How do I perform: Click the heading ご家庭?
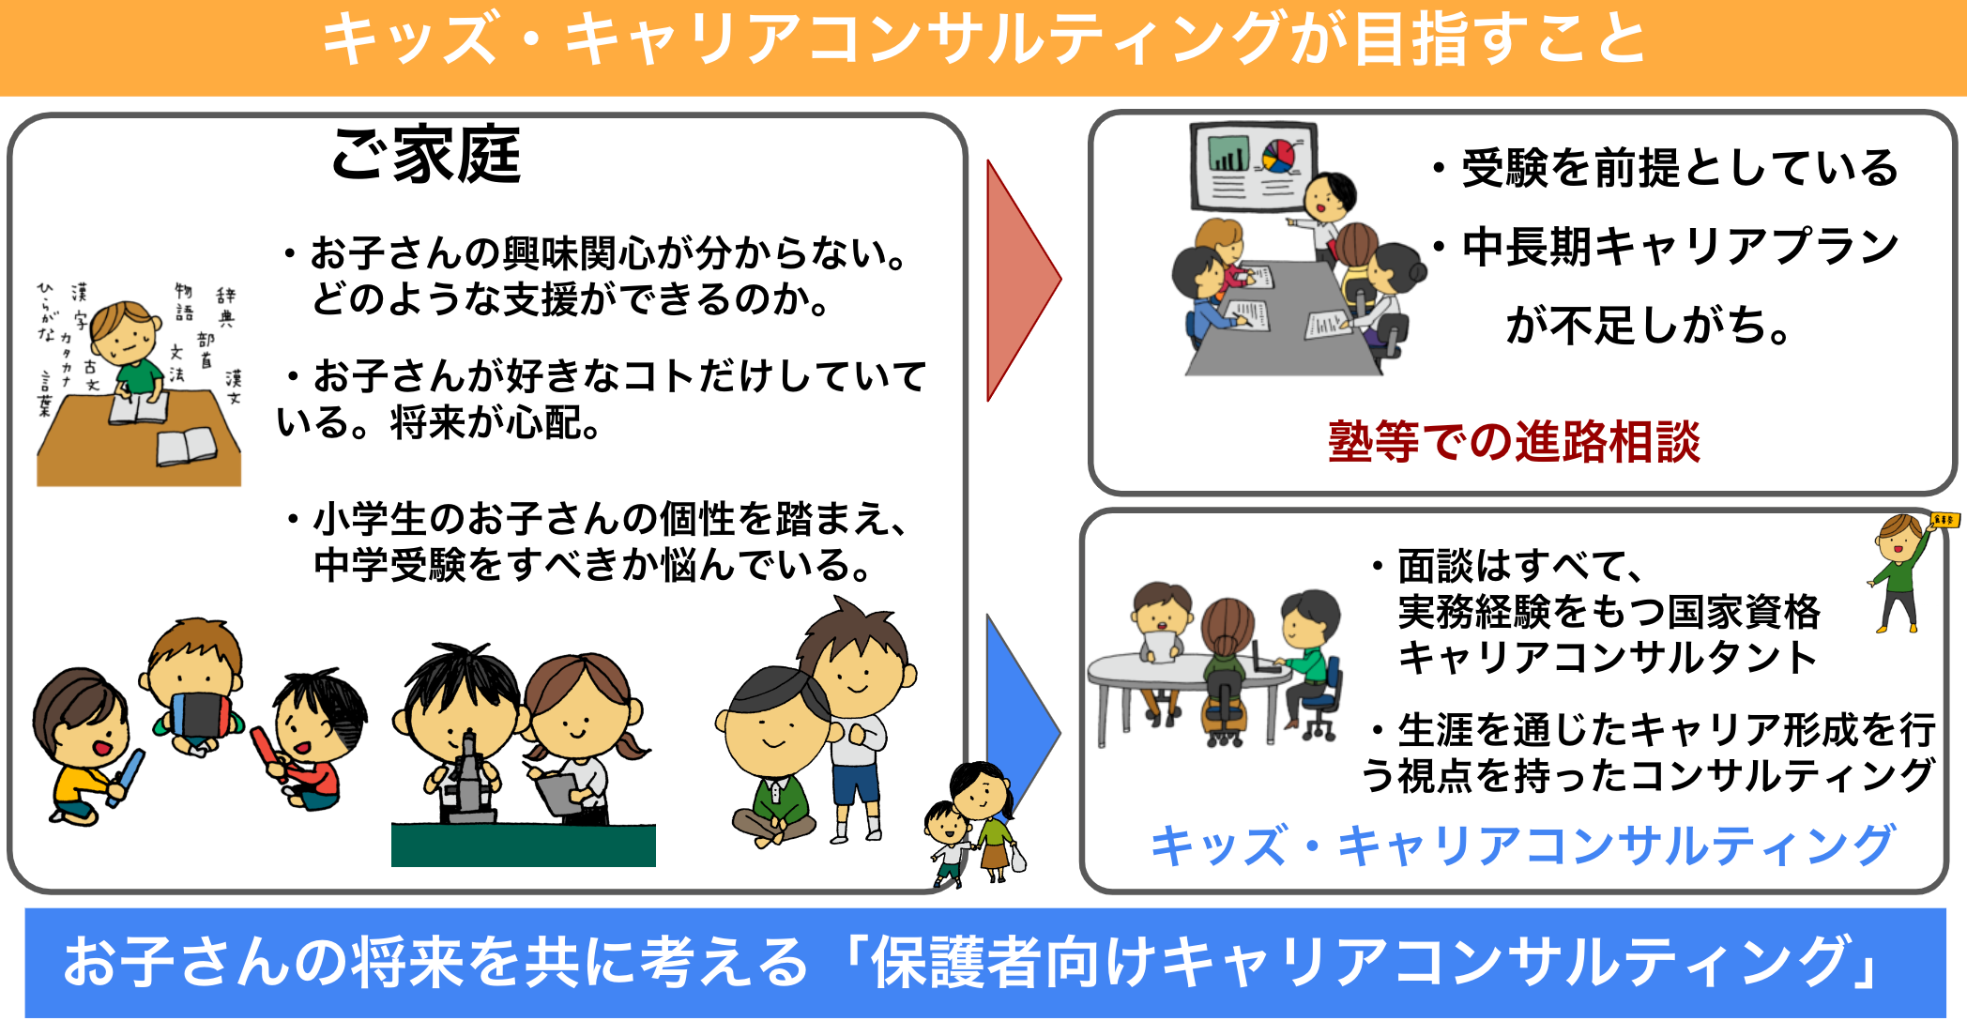[x=426, y=155]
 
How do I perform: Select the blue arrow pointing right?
[x=1018, y=723]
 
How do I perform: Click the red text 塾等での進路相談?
[x=1514, y=442]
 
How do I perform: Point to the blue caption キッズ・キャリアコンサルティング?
[x=1522, y=846]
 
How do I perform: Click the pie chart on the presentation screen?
[x=1277, y=156]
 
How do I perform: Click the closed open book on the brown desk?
[x=187, y=447]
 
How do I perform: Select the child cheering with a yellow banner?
[x=1903, y=572]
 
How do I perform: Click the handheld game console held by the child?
[x=199, y=713]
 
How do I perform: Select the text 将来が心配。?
[x=496, y=423]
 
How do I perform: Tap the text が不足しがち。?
[x=1648, y=326]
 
